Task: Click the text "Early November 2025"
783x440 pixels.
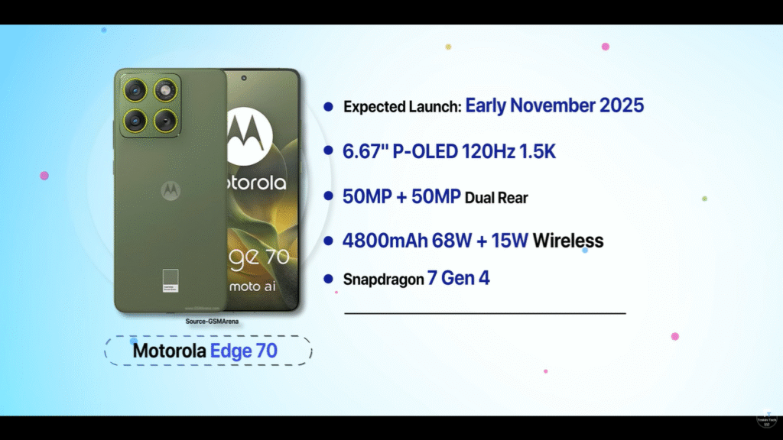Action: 554,105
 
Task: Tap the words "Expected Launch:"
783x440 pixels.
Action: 402,107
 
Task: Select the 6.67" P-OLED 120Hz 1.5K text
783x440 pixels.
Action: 449,152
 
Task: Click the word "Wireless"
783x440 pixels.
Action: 568,241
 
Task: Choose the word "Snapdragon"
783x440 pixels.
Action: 383,280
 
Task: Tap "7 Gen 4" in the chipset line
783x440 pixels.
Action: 459,279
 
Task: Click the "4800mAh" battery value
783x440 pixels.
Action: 385,241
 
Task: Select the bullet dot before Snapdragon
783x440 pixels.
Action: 329,279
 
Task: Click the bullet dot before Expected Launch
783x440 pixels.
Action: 329,107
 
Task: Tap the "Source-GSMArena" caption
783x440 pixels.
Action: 212,322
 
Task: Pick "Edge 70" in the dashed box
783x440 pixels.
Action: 243,351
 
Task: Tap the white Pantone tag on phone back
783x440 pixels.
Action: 170,280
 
